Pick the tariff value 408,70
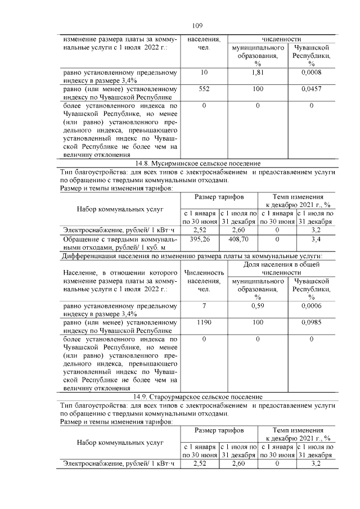(x=239, y=239)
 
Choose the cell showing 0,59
(x=258, y=307)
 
